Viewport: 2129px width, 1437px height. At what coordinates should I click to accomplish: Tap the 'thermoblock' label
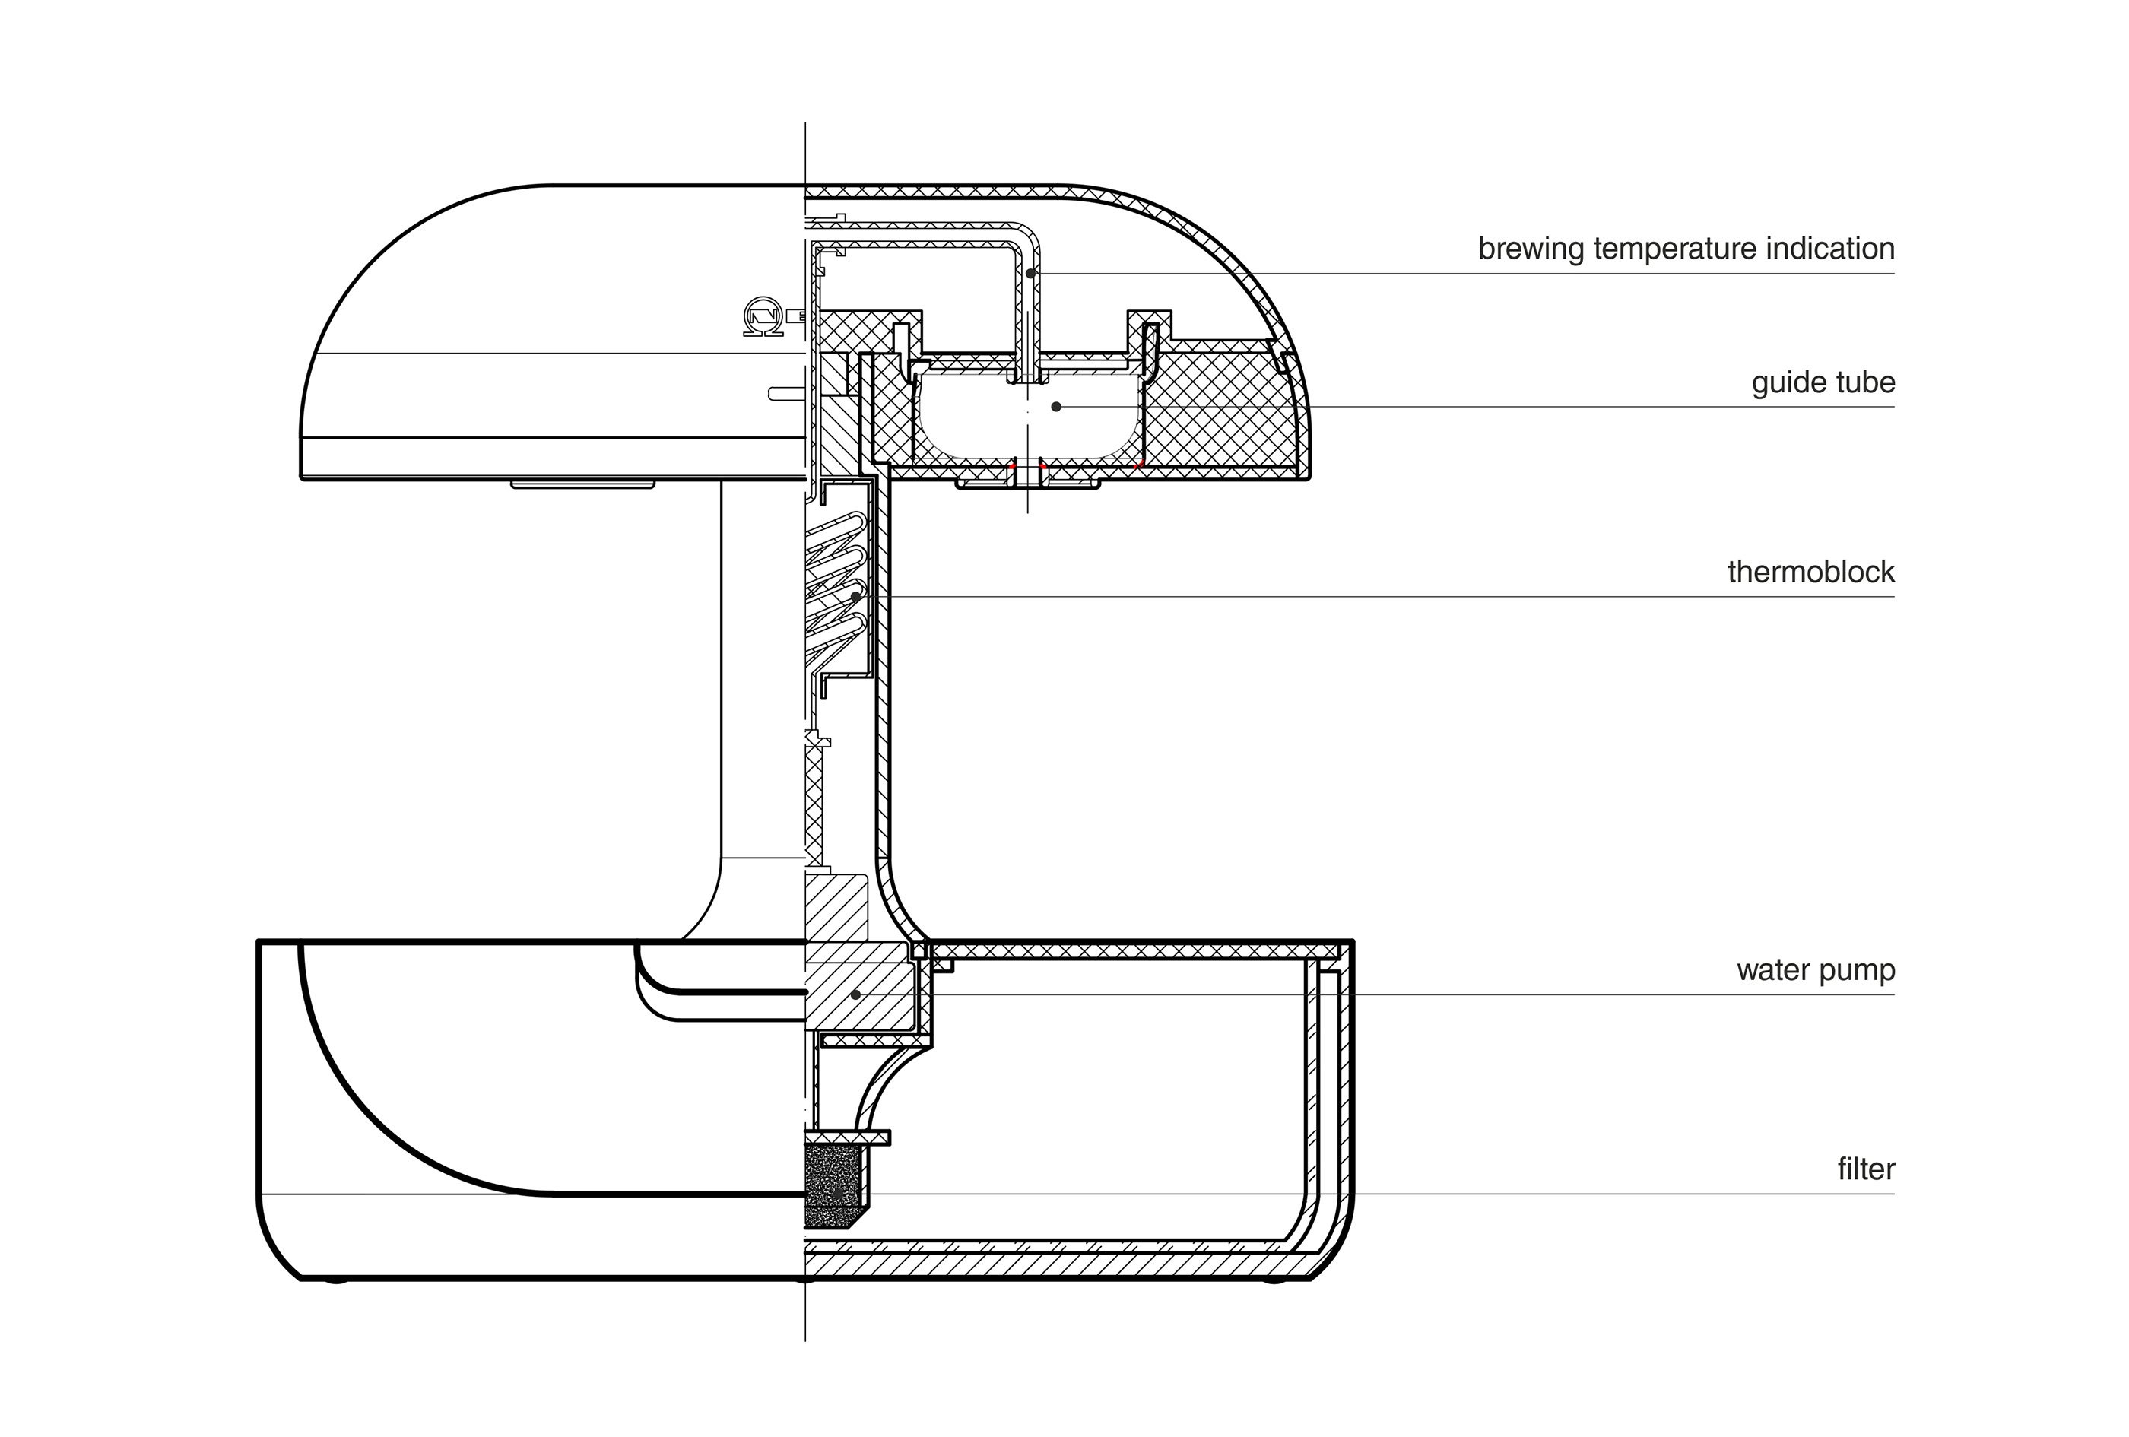point(1810,573)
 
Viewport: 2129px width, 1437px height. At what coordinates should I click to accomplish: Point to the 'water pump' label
point(1816,970)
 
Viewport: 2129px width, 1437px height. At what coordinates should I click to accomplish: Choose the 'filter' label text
point(1865,1169)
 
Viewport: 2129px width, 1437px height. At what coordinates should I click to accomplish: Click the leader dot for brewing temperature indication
point(1030,273)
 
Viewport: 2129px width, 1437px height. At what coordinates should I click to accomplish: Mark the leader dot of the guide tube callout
point(1056,407)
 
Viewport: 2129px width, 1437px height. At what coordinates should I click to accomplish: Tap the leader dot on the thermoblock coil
point(855,596)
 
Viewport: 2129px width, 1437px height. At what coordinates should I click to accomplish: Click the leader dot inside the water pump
point(855,994)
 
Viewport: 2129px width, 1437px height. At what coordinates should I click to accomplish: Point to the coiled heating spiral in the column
point(836,586)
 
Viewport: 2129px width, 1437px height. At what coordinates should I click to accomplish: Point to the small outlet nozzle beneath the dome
point(1028,480)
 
